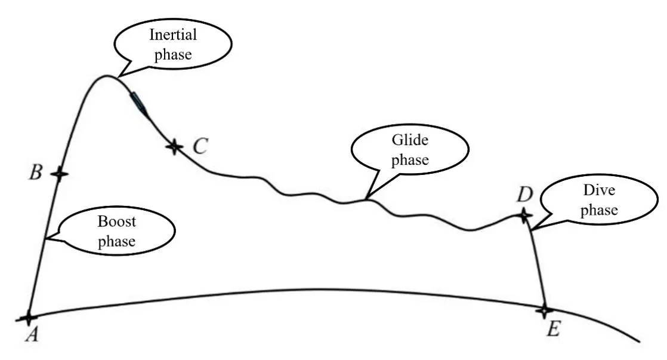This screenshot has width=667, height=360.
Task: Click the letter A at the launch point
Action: tap(32, 335)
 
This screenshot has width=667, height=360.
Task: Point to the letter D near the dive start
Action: tap(524, 195)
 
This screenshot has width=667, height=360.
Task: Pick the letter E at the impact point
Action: tap(553, 328)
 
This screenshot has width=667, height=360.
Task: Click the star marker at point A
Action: tap(27, 318)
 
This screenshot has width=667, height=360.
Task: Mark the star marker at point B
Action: tap(58, 174)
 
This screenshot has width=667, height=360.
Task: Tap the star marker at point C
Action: tap(174, 145)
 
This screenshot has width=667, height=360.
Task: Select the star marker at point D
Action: tap(524, 216)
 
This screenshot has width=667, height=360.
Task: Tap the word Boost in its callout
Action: tap(117, 222)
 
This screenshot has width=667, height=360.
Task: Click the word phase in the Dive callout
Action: tap(600, 210)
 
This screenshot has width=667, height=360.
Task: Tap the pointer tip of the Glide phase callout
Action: tap(366, 198)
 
